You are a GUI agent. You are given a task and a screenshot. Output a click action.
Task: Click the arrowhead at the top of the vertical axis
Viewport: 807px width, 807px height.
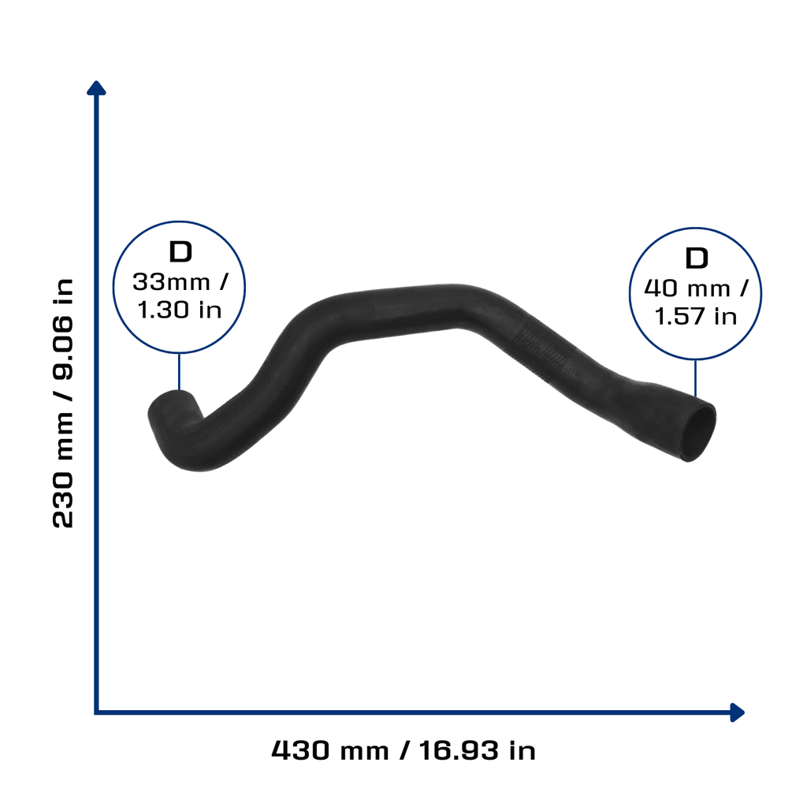point(96,88)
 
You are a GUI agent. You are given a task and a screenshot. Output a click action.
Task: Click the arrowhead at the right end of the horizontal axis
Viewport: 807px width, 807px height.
point(738,712)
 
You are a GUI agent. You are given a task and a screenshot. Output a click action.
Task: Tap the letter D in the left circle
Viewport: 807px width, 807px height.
point(180,251)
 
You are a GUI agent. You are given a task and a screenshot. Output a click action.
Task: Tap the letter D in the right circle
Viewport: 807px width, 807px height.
point(697,258)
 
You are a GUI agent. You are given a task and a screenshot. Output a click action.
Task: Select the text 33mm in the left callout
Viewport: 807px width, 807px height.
point(171,282)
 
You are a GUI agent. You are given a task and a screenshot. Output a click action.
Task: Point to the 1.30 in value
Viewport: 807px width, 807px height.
point(180,310)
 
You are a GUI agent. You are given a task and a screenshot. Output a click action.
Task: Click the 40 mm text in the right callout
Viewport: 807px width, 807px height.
point(687,288)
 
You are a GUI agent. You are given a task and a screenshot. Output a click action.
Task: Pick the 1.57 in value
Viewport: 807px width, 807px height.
point(695,316)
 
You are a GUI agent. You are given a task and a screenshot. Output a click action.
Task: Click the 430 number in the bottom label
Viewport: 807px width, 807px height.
point(300,750)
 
